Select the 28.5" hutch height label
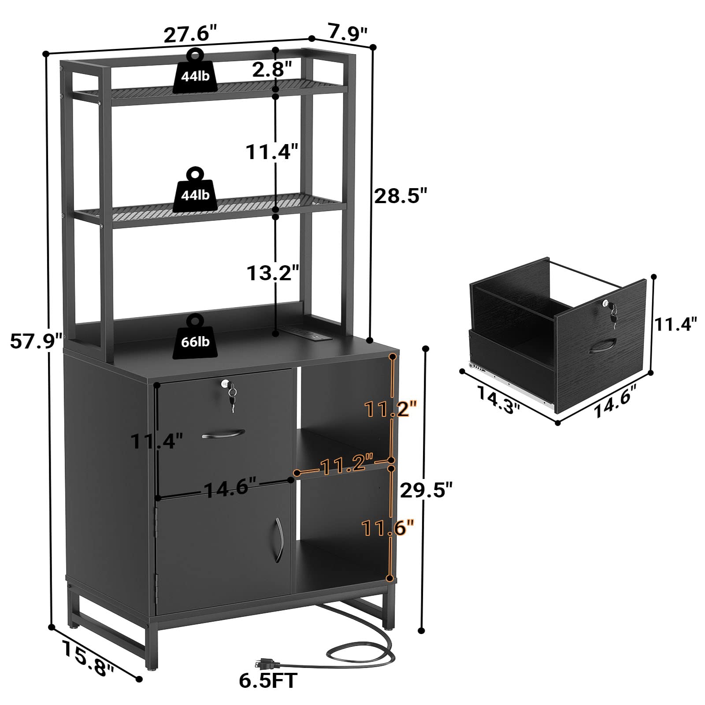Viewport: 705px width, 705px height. coord(401,196)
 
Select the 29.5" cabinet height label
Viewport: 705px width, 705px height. coord(426,490)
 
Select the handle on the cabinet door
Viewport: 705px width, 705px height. coord(278,540)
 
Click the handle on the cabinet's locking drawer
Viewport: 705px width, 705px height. coord(223,435)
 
